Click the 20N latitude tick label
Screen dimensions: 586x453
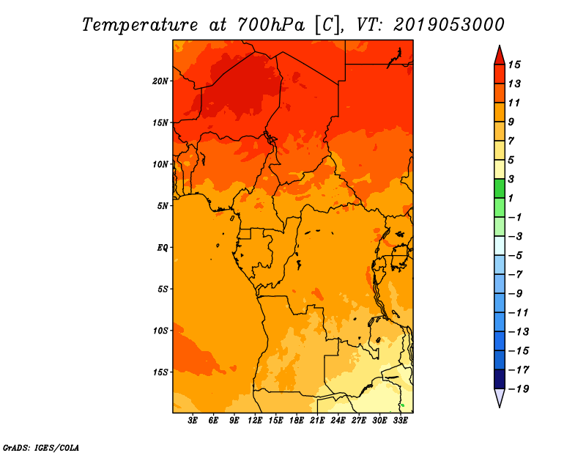tap(160, 81)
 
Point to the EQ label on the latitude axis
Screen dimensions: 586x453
tap(163, 248)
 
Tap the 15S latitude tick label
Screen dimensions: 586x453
tap(160, 372)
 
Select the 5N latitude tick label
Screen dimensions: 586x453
tap(163, 206)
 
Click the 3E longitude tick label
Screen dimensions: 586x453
tap(193, 421)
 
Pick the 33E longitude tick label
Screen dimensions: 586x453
tap(400, 421)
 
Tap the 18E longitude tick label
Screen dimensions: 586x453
tap(297, 421)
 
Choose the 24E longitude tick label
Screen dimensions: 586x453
tap(338, 421)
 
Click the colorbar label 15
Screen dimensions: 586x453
tap(514, 65)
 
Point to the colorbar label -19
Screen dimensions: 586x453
tap(519, 389)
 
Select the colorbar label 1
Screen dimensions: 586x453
tap(511, 198)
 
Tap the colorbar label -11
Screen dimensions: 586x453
tap(519, 313)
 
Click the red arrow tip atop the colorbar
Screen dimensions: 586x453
tap(500, 45)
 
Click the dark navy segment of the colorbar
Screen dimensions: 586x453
tap(500, 379)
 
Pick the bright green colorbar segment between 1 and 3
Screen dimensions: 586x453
tap(500, 188)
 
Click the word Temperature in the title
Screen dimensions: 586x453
tap(140, 25)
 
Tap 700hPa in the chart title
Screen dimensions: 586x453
tap(271, 25)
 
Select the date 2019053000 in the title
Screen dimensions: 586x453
tap(449, 25)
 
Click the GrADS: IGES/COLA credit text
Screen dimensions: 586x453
tap(41, 448)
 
